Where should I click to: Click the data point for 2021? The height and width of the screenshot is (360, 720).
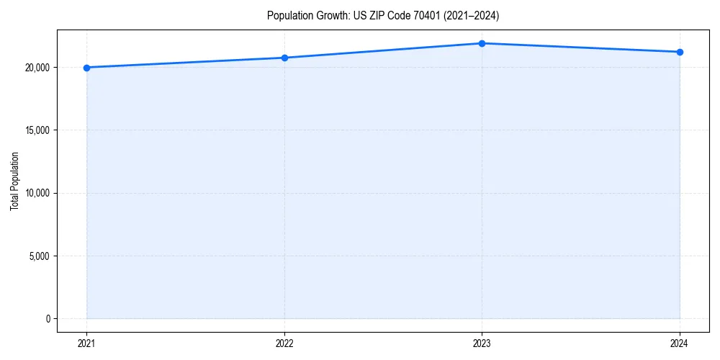tap(86, 68)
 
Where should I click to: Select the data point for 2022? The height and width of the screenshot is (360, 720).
tap(284, 58)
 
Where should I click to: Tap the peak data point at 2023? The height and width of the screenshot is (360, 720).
tap(482, 43)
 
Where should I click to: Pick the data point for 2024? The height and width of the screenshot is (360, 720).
tap(680, 52)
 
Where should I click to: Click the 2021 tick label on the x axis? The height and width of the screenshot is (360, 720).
tap(86, 343)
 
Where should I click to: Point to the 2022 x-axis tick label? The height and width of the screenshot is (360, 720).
tap(284, 343)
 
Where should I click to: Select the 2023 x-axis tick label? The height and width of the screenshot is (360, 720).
tap(482, 343)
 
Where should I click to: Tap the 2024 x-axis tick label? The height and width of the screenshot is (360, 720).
tap(680, 343)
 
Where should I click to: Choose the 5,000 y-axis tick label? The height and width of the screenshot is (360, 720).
tap(37, 256)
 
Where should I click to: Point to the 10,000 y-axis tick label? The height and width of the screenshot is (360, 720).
tap(35, 193)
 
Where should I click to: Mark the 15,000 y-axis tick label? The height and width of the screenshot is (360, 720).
tap(35, 130)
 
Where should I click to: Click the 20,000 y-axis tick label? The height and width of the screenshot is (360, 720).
tap(35, 68)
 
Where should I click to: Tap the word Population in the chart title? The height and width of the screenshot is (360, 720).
tap(289, 15)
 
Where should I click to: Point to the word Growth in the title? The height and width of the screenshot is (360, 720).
tap(331, 15)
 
